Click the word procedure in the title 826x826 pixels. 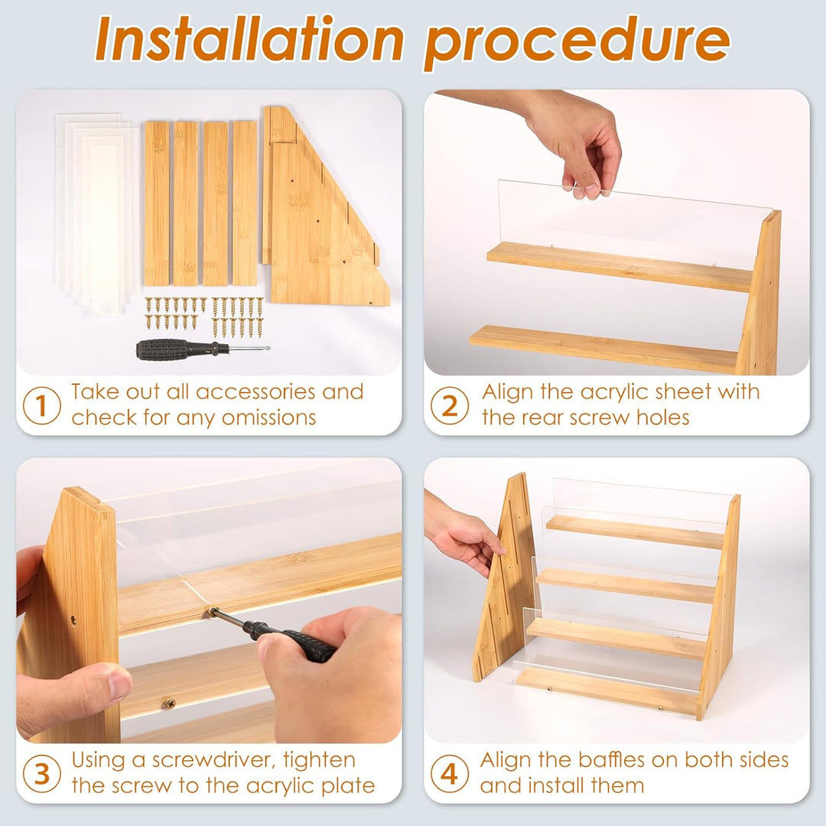(x=576, y=40)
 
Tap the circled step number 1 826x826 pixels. (x=41, y=406)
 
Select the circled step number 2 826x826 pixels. (x=449, y=406)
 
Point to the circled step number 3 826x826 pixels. (x=41, y=774)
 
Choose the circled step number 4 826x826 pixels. (x=449, y=774)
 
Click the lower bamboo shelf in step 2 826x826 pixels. (x=604, y=348)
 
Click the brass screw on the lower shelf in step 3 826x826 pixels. (x=168, y=701)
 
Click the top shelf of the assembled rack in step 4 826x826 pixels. (x=635, y=531)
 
